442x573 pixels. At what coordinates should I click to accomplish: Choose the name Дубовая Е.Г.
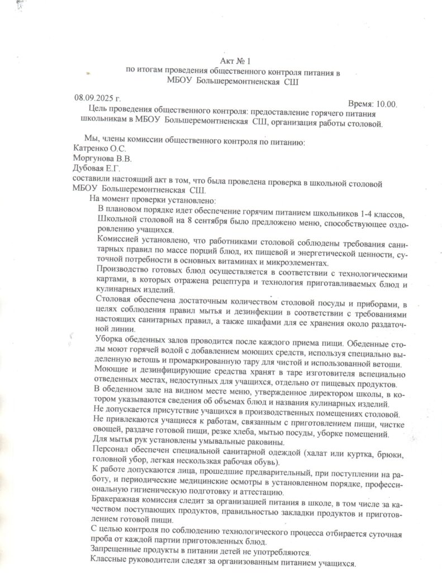point(97,168)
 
